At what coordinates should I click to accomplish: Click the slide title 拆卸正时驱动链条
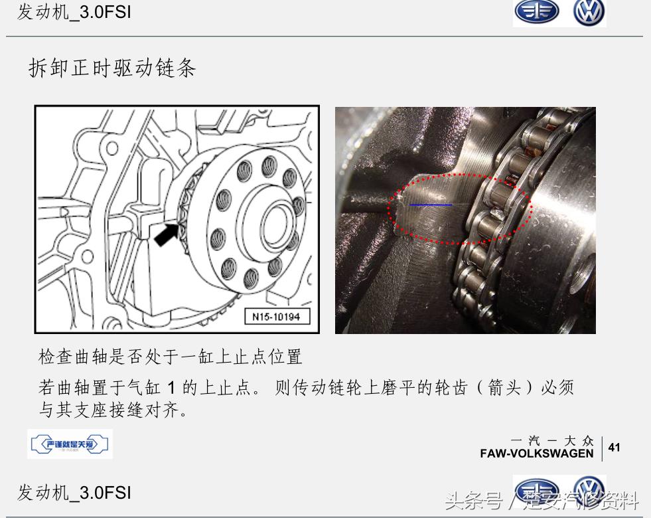click(x=112, y=68)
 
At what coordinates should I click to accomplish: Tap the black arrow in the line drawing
click(x=166, y=234)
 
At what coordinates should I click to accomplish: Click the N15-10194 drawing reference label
click(x=277, y=317)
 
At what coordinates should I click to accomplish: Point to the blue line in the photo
click(x=430, y=205)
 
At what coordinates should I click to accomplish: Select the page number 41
click(x=614, y=448)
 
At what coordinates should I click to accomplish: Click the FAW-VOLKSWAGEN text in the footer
click(x=537, y=454)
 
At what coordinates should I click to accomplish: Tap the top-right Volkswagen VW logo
click(x=589, y=13)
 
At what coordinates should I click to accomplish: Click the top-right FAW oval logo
click(x=537, y=13)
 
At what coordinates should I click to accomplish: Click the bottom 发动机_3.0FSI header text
click(x=74, y=493)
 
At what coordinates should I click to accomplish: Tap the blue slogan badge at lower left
click(x=70, y=444)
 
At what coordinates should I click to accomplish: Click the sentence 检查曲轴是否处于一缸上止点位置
click(x=171, y=357)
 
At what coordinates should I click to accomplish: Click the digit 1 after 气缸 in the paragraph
click(x=171, y=388)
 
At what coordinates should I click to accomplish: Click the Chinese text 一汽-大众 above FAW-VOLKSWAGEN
click(x=552, y=440)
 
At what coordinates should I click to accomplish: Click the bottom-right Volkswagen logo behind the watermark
click(x=589, y=490)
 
